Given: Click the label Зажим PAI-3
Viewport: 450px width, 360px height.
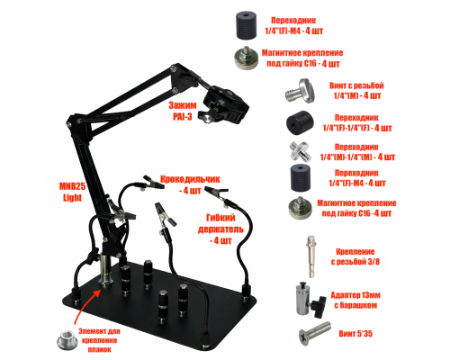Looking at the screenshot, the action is click(x=183, y=111).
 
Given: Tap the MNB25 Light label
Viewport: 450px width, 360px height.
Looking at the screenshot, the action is click(x=72, y=192).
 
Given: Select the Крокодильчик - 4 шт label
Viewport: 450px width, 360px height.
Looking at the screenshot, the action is click(x=190, y=184).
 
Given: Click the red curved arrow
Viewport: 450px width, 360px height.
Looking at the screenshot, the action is click(x=83, y=306).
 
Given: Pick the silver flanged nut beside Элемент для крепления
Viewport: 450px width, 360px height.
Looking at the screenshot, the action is click(x=67, y=340).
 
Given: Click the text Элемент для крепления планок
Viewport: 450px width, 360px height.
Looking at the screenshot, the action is click(x=99, y=340).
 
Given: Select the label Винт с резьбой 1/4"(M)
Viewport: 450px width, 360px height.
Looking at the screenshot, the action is click(x=356, y=91).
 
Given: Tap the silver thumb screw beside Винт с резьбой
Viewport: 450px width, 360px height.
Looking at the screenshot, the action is click(x=300, y=90).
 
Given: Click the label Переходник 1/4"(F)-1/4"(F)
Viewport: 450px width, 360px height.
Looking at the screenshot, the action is click(x=357, y=122).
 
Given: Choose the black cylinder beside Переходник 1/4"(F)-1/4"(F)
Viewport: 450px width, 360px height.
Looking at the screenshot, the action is click(x=300, y=122).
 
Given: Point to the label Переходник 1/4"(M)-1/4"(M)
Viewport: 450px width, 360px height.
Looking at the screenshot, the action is click(x=357, y=152).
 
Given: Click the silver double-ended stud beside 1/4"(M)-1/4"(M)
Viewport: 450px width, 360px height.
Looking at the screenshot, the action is click(x=300, y=151).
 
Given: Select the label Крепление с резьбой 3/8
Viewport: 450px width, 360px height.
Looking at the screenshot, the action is click(x=355, y=256).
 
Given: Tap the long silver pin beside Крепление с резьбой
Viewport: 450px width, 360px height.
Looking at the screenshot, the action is click(x=312, y=256).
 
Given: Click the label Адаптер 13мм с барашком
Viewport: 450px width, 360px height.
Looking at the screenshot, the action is click(x=355, y=300).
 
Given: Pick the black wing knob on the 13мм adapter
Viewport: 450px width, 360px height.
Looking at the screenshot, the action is click(x=319, y=307).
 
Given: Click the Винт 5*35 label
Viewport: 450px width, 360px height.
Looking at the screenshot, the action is click(x=355, y=334).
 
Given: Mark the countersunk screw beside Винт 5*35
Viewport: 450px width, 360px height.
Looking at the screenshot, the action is click(x=315, y=333).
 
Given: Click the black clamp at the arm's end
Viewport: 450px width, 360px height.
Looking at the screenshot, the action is click(x=227, y=105).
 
